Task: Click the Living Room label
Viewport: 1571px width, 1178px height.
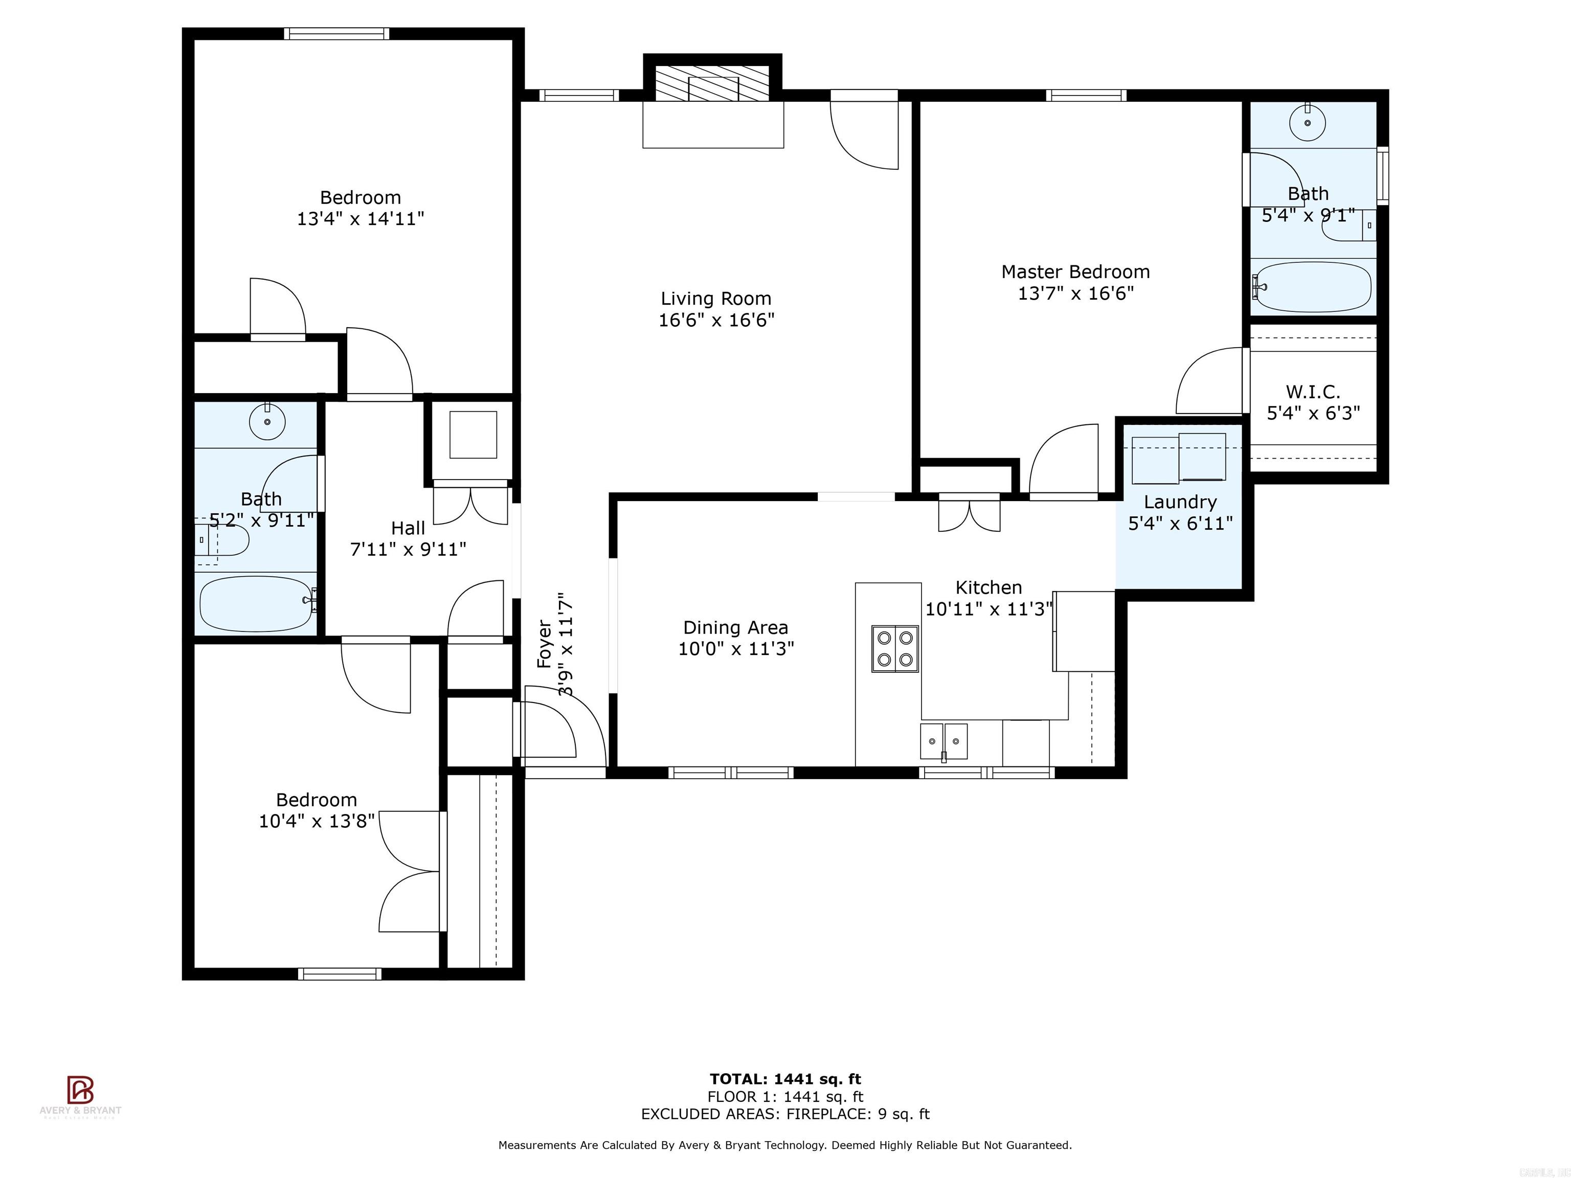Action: coord(716,299)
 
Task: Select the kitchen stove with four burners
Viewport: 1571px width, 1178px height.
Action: coord(895,648)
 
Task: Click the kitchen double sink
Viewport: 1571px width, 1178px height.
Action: coord(943,741)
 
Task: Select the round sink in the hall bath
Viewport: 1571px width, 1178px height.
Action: coord(267,423)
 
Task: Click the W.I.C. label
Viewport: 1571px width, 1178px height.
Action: coord(1312,392)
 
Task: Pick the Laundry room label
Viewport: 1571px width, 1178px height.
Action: coord(1180,502)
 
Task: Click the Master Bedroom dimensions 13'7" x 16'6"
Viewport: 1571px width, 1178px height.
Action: coord(1075,293)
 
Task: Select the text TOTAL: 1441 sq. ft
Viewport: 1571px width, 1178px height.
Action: coord(785,1080)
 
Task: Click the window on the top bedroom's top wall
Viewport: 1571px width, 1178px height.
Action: coord(336,33)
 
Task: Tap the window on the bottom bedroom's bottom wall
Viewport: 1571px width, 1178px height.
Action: coord(340,974)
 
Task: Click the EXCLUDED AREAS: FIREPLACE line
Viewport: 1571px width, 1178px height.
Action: coord(785,1114)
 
